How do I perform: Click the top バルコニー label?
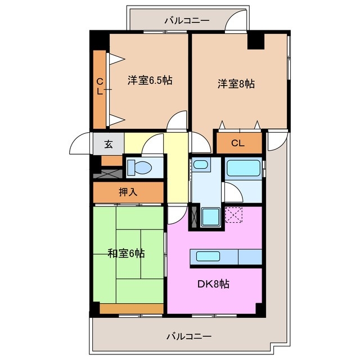(x=187, y=20)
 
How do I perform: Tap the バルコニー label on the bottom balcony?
(x=188, y=336)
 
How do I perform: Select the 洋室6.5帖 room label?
(x=149, y=80)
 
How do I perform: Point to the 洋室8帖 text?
(x=236, y=84)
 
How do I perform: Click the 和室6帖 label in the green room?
(x=126, y=253)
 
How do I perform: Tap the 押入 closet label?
(x=128, y=192)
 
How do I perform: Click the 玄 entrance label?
(x=108, y=144)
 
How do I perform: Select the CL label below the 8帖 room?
(x=238, y=143)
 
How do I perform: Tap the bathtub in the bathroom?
(x=243, y=169)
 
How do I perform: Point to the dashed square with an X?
(x=233, y=215)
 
